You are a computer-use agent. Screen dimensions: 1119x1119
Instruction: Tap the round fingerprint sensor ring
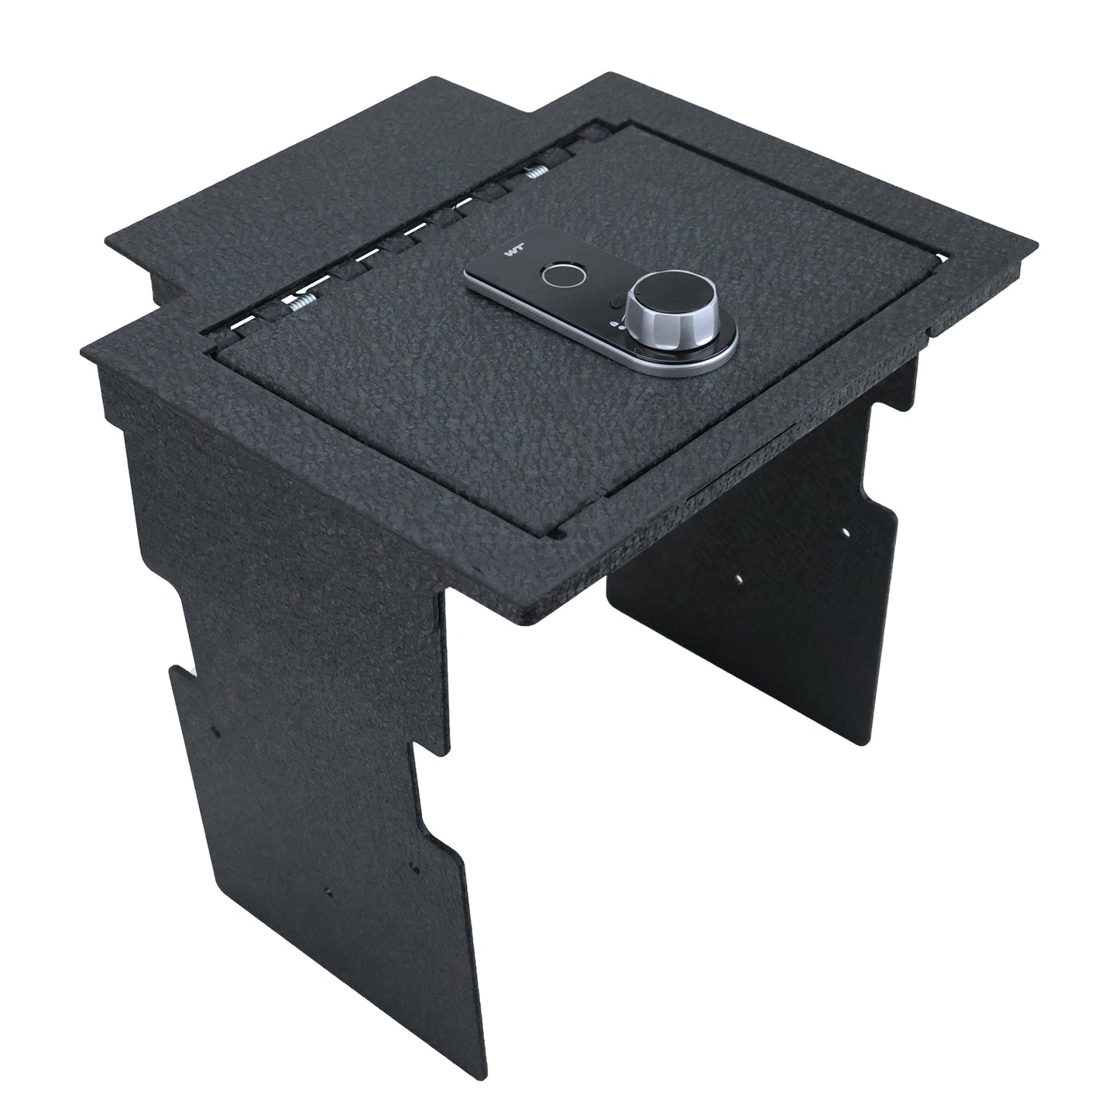click(x=554, y=274)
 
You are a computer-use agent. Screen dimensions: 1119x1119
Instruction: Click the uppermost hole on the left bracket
click(x=218, y=730)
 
